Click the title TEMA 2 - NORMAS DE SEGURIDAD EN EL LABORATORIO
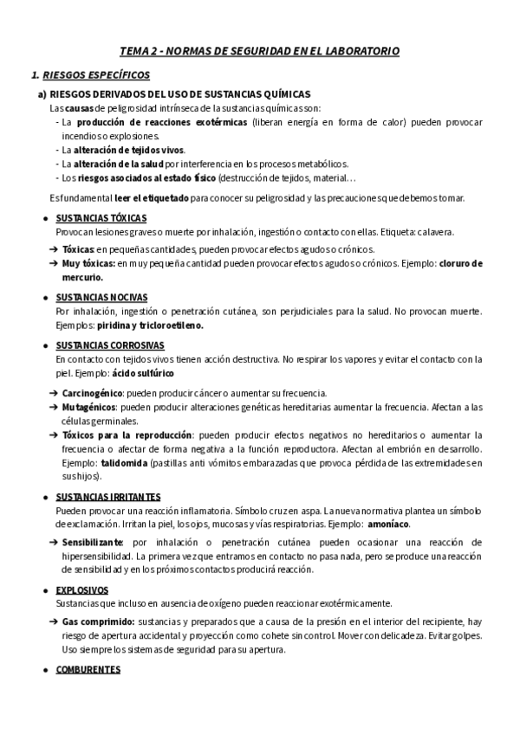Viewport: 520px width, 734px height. coord(259,51)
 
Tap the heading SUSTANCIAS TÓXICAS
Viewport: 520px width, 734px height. coord(101,218)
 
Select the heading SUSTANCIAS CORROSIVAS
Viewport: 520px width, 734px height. coord(109,344)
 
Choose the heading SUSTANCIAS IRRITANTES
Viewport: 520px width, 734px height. coord(108,497)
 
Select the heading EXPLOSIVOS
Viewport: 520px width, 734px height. coord(82,589)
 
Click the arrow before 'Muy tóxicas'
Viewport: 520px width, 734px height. coord(53,263)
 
